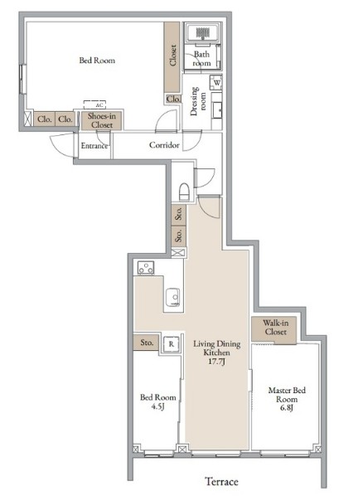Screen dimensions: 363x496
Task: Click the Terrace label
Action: click(x=221, y=481)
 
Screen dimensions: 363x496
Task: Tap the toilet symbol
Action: click(x=184, y=192)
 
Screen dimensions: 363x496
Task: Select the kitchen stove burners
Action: click(x=146, y=268)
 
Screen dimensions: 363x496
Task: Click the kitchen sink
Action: click(x=172, y=297)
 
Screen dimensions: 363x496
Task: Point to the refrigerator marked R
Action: click(x=171, y=344)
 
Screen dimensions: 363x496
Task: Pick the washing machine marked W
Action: click(x=217, y=83)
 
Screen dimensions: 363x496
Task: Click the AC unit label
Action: click(x=99, y=105)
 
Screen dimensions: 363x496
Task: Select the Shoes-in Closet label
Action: click(x=102, y=120)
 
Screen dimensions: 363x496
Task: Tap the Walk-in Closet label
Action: click(x=276, y=328)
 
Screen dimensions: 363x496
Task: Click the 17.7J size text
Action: click(x=216, y=362)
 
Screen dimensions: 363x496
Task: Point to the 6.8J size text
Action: click(x=287, y=408)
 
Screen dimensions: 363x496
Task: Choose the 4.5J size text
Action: click(x=157, y=406)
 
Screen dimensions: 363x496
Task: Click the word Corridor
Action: click(x=164, y=145)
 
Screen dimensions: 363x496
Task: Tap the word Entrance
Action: click(x=94, y=146)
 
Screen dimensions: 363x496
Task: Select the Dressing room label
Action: click(x=198, y=101)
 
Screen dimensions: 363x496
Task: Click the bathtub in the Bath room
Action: click(x=203, y=32)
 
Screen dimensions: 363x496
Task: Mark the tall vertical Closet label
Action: click(x=172, y=56)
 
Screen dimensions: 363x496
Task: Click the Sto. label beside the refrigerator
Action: click(x=147, y=343)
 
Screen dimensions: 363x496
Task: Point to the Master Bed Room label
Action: click(x=287, y=395)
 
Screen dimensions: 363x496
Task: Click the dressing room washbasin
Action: click(x=217, y=109)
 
